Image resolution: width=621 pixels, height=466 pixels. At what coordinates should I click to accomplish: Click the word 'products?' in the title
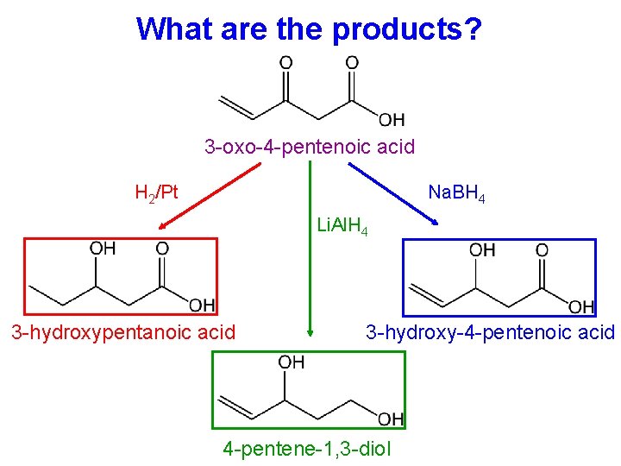point(407,29)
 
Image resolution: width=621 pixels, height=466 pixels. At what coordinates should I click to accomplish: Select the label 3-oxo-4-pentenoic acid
point(310,146)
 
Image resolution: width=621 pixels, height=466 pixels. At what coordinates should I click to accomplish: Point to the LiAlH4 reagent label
point(343,227)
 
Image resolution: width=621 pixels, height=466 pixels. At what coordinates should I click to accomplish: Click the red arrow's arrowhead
point(160,227)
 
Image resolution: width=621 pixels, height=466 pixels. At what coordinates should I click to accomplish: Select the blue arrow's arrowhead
point(436,222)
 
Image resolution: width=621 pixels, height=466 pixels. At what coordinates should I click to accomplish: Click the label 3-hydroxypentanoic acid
point(122,332)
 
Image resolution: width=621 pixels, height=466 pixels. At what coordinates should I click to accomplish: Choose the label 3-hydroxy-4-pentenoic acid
point(490,332)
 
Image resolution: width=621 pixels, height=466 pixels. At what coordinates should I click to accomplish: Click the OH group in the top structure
point(391,119)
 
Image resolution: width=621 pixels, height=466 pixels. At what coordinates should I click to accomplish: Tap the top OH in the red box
point(103,249)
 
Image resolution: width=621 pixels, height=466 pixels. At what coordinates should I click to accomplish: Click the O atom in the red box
point(162,249)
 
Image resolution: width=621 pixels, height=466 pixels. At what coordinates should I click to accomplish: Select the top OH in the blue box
point(482,250)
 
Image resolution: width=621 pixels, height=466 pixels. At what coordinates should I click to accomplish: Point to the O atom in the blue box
point(542,250)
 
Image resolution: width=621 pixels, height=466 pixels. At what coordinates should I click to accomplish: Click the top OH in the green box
point(291,363)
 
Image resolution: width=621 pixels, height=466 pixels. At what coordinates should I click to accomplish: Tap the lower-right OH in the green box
point(390,419)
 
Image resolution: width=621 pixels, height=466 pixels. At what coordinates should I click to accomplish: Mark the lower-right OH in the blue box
point(580,306)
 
